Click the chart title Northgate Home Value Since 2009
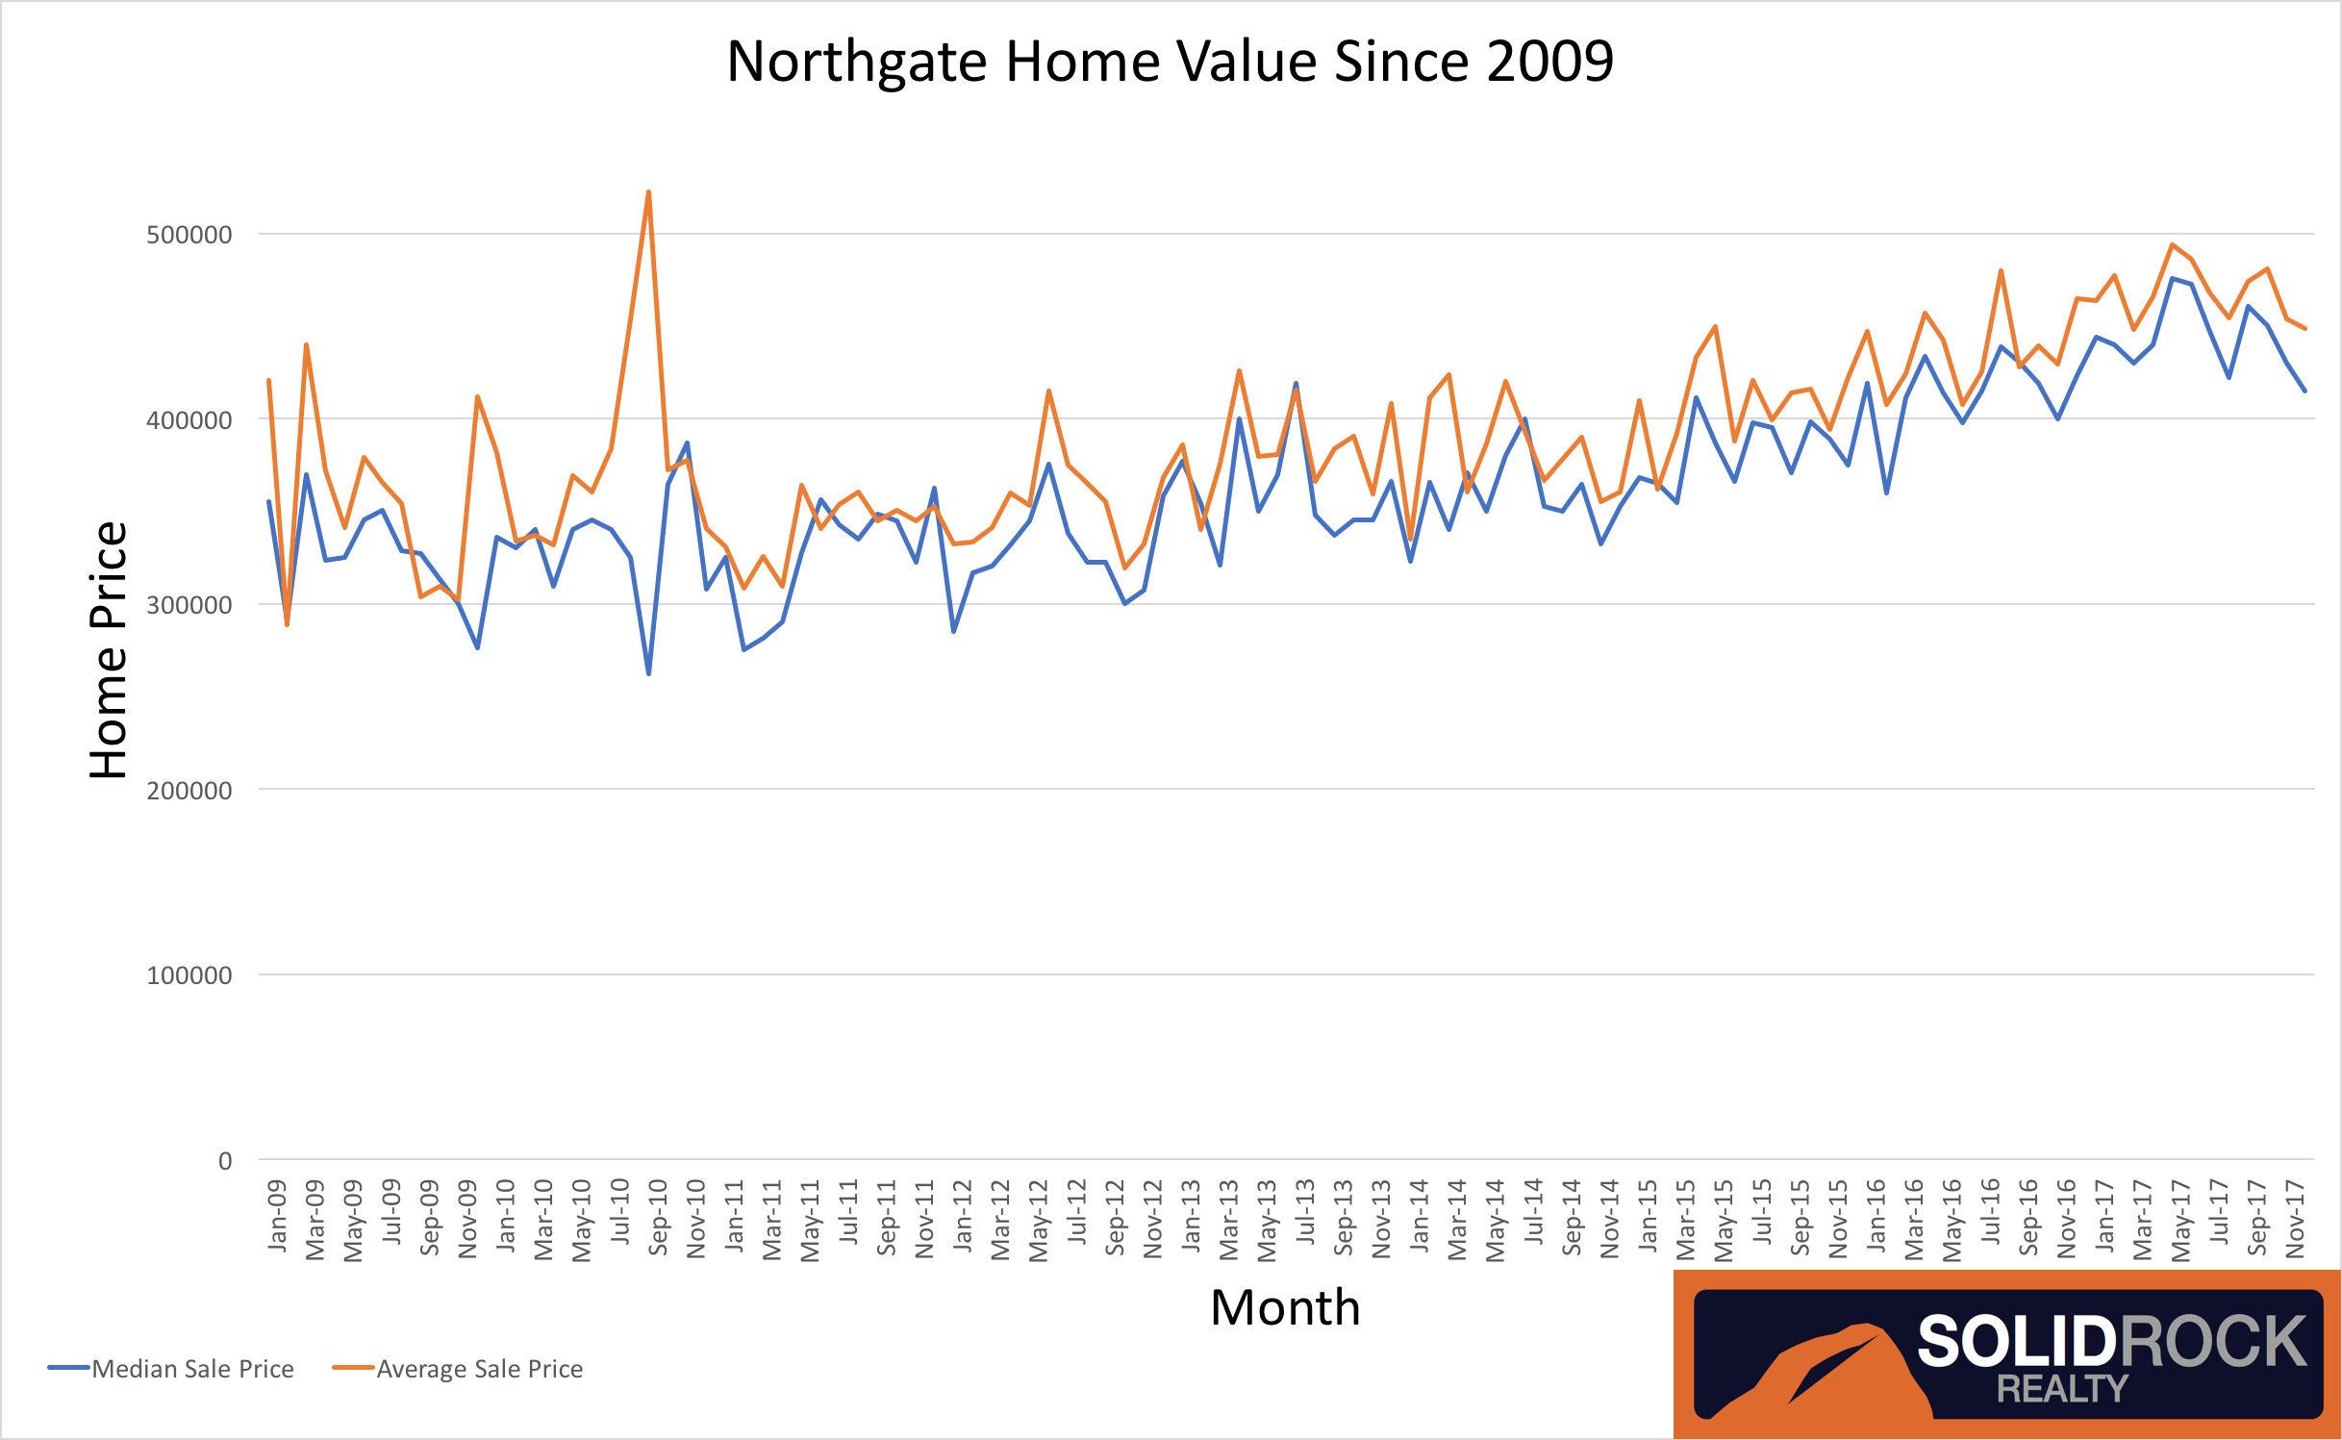1170,62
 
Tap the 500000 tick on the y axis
189,235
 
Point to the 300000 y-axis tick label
189,605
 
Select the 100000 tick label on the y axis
189,975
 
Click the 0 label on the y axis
225,1161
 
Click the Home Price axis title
109,650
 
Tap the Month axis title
1285,1308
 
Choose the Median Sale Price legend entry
192,1369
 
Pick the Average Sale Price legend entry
479,1369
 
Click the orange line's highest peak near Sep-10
649,192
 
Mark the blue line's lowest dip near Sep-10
649,673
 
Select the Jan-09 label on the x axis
277,1216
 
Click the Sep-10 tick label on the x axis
658,1218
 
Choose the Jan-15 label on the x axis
1648,1216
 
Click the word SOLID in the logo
2014,1342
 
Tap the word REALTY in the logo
2062,1389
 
